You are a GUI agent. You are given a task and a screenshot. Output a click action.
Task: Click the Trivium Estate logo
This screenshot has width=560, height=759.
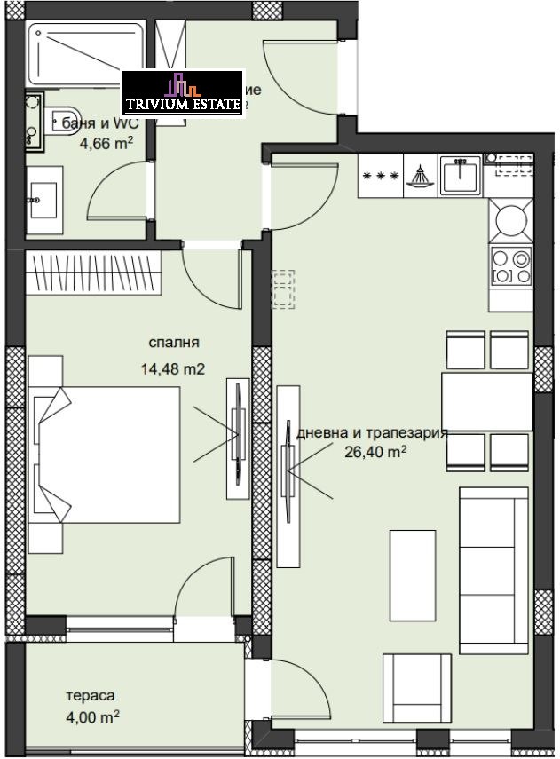click(x=182, y=92)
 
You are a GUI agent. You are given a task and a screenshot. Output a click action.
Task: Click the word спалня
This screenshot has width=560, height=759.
click(x=173, y=342)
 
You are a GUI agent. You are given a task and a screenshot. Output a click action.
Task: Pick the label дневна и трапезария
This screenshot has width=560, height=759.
click(x=372, y=433)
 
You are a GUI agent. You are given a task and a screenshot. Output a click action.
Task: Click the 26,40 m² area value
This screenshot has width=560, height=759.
click(x=375, y=452)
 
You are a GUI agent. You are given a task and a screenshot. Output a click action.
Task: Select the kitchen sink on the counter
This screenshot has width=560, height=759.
click(x=460, y=175)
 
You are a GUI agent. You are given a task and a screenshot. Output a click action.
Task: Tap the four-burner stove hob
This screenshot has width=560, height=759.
click(x=509, y=265)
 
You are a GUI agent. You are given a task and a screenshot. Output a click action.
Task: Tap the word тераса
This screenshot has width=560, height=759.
click(x=91, y=697)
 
